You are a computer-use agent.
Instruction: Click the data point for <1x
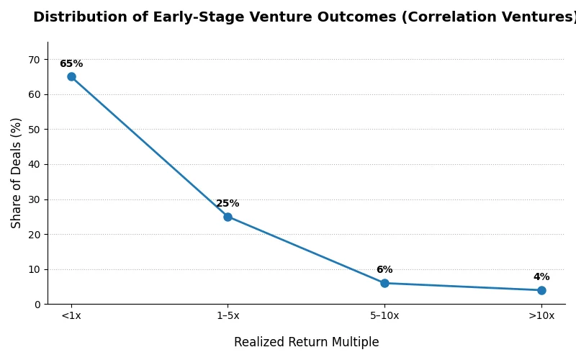click(71, 76)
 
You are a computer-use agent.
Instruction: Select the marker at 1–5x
click(228, 217)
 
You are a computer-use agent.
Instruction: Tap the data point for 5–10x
click(384, 283)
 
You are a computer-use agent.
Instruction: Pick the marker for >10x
click(541, 290)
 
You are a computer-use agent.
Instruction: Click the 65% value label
click(71, 64)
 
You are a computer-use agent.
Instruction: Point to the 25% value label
click(228, 204)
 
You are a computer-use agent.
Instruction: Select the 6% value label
click(384, 270)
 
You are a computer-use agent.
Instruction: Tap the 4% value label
click(541, 277)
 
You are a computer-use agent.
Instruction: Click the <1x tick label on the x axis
click(71, 316)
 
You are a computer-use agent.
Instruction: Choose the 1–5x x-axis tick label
click(228, 316)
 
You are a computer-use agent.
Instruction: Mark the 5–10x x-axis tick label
click(384, 316)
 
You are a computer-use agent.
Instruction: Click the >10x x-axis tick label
click(541, 316)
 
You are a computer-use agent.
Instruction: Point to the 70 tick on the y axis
click(35, 60)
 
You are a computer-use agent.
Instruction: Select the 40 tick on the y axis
click(35, 164)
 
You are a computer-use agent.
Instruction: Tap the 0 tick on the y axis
click(37, 305)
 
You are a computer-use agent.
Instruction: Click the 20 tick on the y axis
click(35, 235)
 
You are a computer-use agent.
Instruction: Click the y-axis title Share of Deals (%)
click(17, 173)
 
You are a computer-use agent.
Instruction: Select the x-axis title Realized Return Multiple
click(306, 343)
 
